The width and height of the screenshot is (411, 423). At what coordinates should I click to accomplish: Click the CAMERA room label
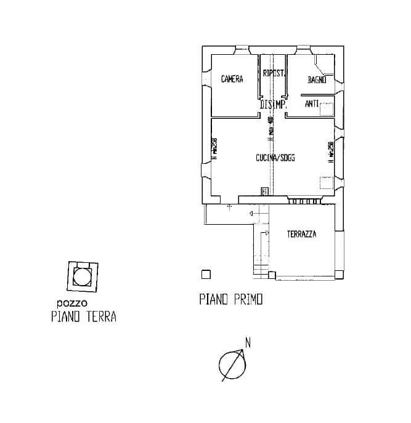[x=232, y=79]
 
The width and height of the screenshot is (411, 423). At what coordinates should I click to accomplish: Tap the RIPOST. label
[x=274, y=73]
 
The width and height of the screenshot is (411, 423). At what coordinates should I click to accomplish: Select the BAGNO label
[x=317, y=79]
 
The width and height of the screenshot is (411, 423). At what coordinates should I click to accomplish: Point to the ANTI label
[x=312, y=105]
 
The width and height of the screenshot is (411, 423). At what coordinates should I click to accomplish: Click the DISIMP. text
[x=273, y=105]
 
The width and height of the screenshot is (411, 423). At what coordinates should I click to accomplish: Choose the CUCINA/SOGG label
[x=275, y=158]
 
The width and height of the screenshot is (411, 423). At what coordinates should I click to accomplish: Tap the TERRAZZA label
[x=302, y=235]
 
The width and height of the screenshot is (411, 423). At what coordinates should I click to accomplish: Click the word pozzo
[x=71, y=303]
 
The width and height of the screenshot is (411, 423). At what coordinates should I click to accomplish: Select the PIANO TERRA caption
[x=84, y=318]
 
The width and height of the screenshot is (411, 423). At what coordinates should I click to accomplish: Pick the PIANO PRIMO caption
[x=231, y=300]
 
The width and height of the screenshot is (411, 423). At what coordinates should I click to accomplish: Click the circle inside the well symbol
[x=81, y=276]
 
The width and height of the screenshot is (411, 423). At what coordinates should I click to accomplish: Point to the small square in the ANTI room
[x=326, y=108]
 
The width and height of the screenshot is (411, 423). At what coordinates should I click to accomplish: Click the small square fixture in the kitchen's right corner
[x=325, y=183]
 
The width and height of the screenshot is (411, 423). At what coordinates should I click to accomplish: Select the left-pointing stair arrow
[x=251, y=213]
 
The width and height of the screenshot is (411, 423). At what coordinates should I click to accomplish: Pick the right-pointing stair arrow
[x=266, y=233]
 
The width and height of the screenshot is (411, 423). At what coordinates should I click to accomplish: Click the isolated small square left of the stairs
[x=206, y=275]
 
